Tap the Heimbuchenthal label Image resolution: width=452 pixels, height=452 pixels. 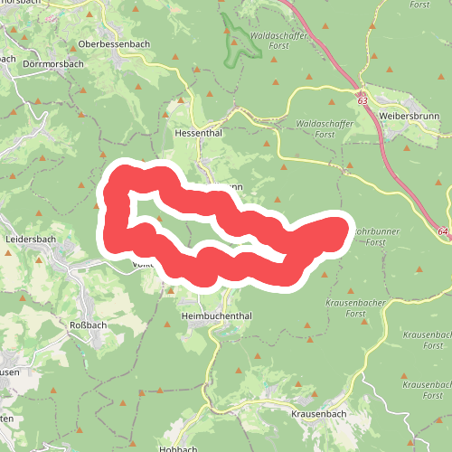coord(215,316)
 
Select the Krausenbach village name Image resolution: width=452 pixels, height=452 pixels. coord(320,413)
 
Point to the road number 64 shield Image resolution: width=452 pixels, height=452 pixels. coord(443,231)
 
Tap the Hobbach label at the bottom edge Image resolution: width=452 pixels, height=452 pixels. coord(177,448)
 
